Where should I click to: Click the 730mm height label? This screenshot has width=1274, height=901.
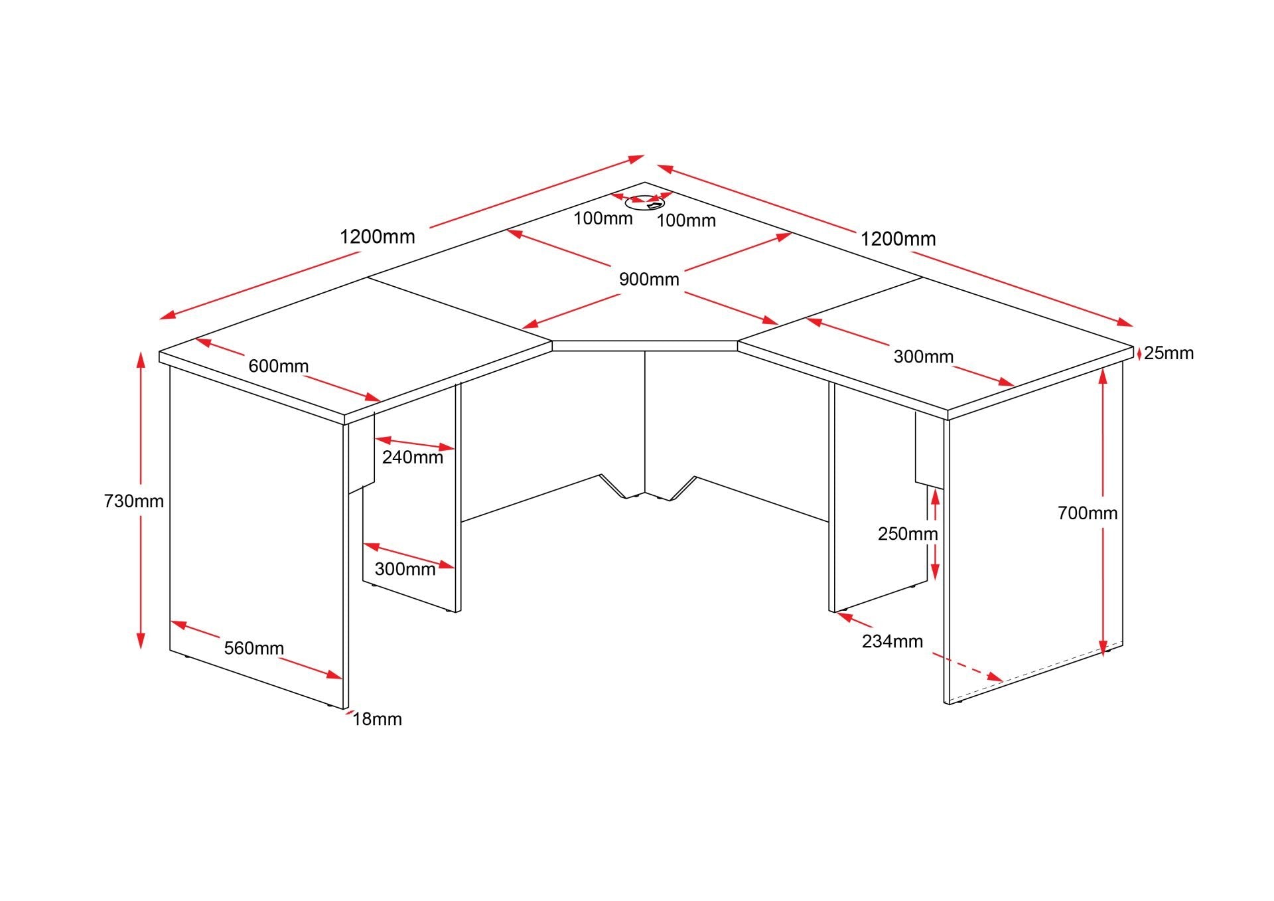[134, 501]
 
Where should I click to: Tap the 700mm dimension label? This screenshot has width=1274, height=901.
[1088, 513]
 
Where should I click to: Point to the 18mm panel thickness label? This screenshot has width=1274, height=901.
[377, 719]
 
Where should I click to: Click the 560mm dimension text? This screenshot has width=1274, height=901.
[254, 648]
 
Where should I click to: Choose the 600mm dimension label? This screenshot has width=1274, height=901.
[279, 366]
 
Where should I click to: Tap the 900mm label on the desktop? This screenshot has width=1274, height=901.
[649, 280]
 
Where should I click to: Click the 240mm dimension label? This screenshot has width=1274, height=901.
[413, 457]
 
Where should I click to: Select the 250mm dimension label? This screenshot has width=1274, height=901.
[908, 534]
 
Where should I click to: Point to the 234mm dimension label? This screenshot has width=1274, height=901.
[892, 641]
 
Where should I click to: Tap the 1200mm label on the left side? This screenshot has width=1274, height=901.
[378, 236]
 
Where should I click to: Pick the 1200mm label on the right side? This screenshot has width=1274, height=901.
[898, 239]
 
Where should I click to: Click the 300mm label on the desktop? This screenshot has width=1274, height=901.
[924, 357]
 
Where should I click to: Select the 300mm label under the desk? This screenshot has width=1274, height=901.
[405, 569]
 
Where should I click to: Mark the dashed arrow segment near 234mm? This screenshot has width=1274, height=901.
[968, 667]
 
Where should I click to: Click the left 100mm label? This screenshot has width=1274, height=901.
[603, 218]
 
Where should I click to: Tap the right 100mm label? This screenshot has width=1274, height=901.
[687, 220]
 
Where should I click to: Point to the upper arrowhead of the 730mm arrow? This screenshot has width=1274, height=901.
[141, 359]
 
